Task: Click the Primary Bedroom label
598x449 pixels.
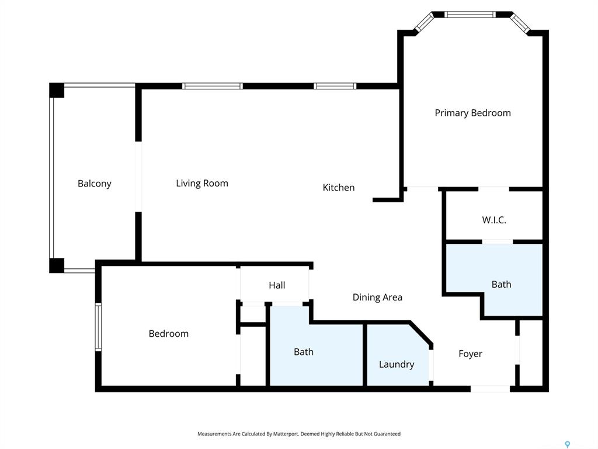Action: pos(472,113)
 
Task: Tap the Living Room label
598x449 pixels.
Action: pos(202,183)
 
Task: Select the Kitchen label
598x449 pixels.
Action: pos(339,188)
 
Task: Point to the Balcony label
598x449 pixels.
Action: pos(95,184)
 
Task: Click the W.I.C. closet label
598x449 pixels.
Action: pos(494,220)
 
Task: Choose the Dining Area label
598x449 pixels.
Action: pos(377,298)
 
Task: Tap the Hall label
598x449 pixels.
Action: pos(277,285)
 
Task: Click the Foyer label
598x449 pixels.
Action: pos(470,354)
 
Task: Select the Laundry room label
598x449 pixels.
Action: pos(397,365)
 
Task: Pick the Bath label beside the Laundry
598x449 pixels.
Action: pos(304,351)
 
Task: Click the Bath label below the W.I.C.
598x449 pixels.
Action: pos(502,285)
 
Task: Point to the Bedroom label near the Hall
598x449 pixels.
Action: pos(169,334)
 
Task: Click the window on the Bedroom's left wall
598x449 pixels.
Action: pos(98,327)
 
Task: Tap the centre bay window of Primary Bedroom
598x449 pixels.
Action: pos(470,15)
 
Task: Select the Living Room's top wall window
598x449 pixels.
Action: pos(212,86)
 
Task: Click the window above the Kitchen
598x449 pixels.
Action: pos(335,86)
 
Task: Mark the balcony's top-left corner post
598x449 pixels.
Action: pos(57,90)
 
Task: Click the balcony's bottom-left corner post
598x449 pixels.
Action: pos(57,266)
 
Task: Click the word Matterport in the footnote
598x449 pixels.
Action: pos(286,434)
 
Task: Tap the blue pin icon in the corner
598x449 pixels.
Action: pos(568,444)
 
